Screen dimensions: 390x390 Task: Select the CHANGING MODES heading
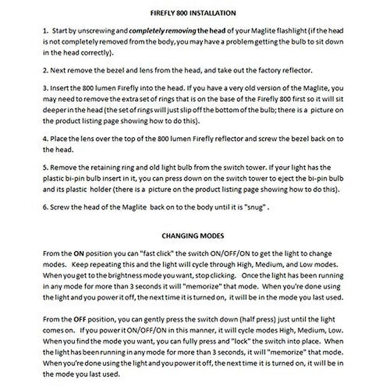pos(193,235)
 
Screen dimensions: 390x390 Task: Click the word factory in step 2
pos(274,70)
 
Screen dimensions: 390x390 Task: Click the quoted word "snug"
pos(255,207)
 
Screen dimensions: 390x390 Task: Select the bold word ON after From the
pos(79,254)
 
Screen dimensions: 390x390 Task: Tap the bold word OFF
pos(80,319)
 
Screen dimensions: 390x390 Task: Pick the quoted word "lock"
pos(241,341)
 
